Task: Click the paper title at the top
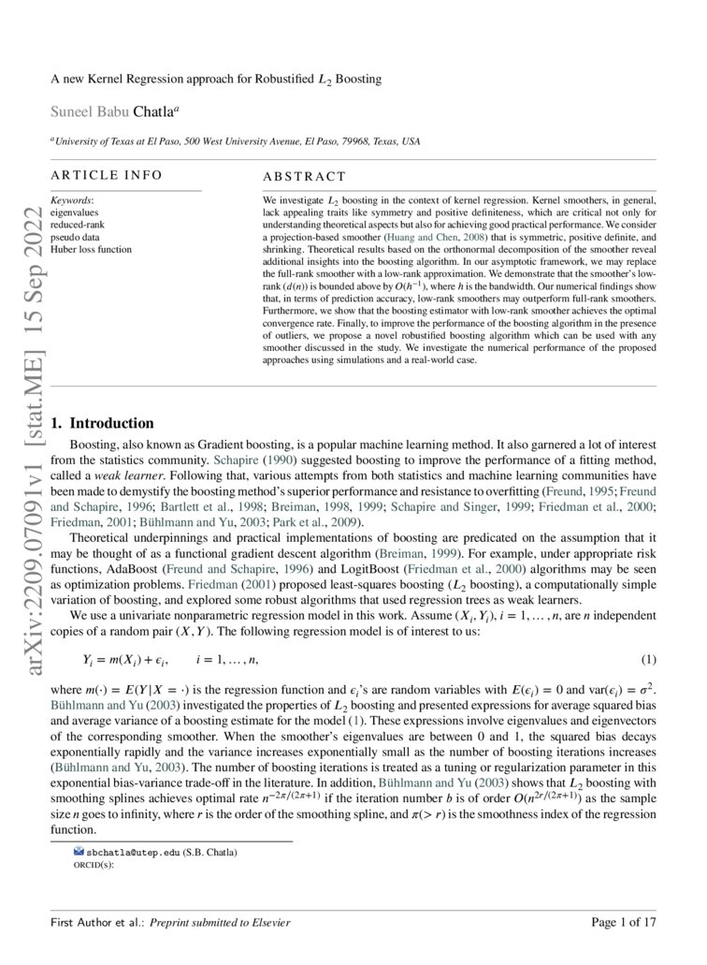[x=216, y=80]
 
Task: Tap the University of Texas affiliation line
[x=236, y=141]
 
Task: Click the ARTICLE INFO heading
[x=106, y=175]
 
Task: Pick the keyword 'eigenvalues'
[x=74, y=213]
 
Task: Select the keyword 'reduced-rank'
[x=78, y=226]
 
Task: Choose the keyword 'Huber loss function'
[x=91, y=250]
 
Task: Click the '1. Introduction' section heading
[x=103, y=423]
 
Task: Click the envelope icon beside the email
[x=79, y=853]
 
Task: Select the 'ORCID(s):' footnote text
[x=93, y=866]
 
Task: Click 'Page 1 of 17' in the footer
[x=624, y=923]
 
